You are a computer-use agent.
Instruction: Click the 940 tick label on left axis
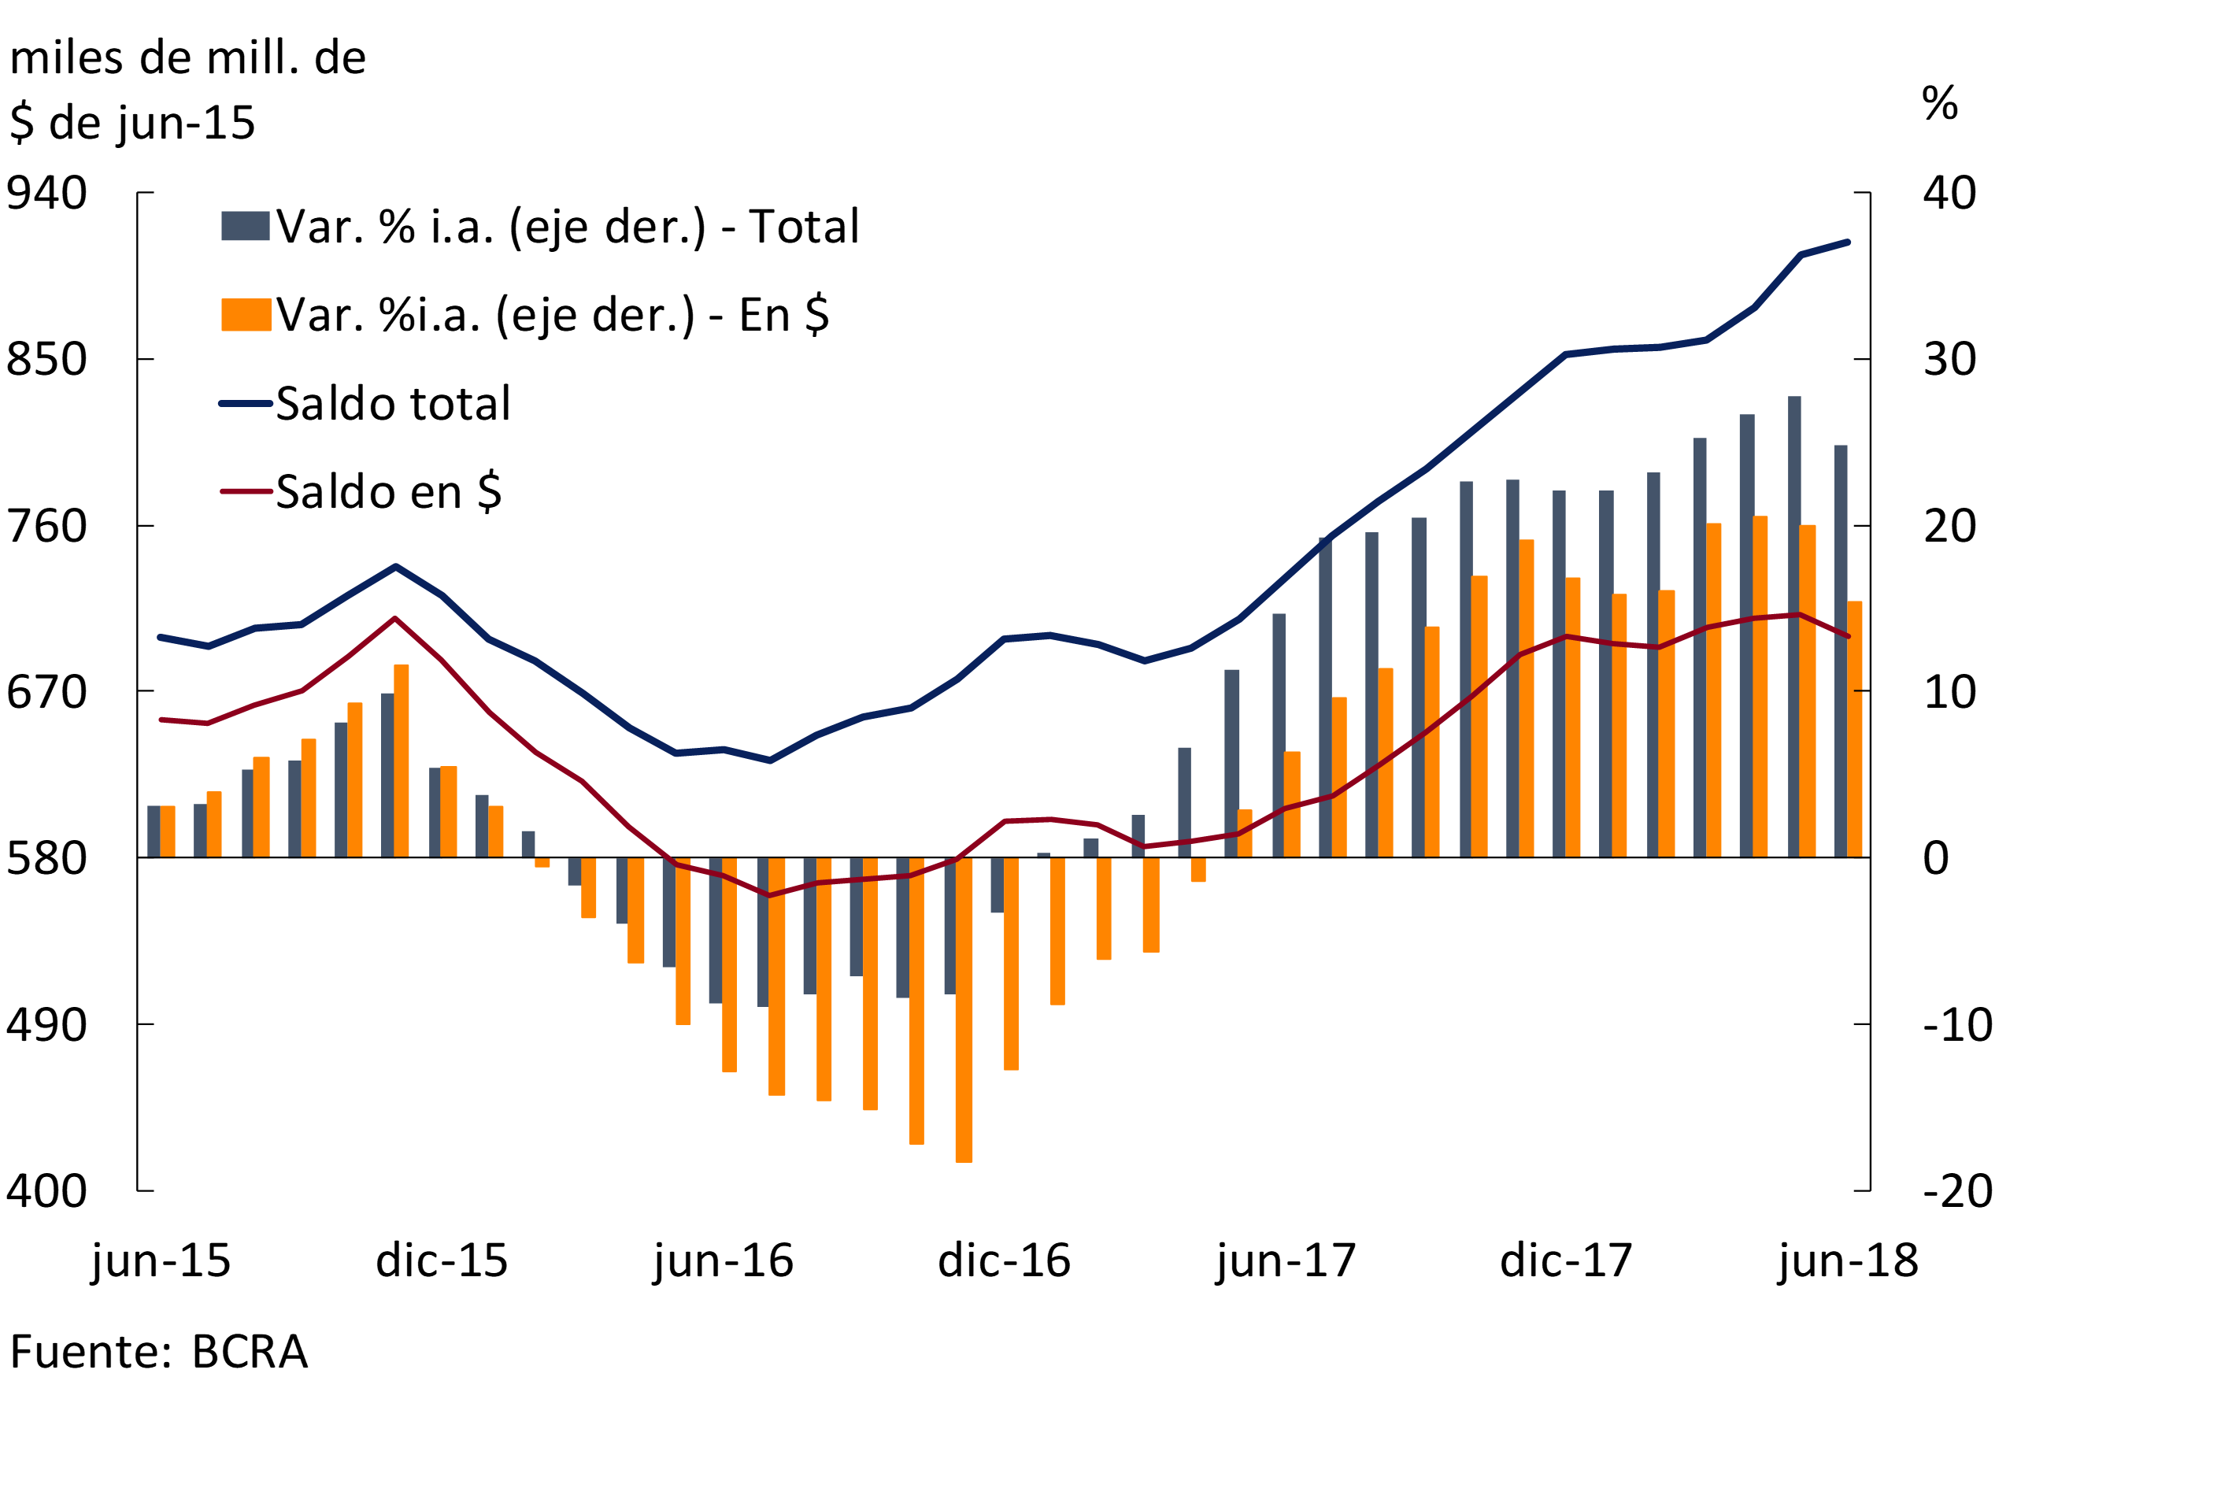(46, 194)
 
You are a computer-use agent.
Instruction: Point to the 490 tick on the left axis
(46, 1025)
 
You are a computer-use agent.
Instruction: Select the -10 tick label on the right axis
(1956, 1025)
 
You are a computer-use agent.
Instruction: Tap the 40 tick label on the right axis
(1949, 194)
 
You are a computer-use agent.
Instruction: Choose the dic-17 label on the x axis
(1566, 1261)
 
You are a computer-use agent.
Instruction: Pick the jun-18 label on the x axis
(1848, 1261)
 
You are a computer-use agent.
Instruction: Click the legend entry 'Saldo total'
(393, 403)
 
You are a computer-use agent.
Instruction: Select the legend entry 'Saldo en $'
(388, 491)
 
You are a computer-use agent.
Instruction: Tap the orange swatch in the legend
(246, 315)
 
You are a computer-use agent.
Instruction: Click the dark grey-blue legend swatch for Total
(246, 226)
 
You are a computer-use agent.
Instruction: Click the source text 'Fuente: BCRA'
(158, 1353)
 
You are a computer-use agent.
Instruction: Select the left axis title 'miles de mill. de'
(187, 59)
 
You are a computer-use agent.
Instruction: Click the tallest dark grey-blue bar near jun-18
(1794, 627)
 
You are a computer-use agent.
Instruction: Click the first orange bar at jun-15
(168, 831)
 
